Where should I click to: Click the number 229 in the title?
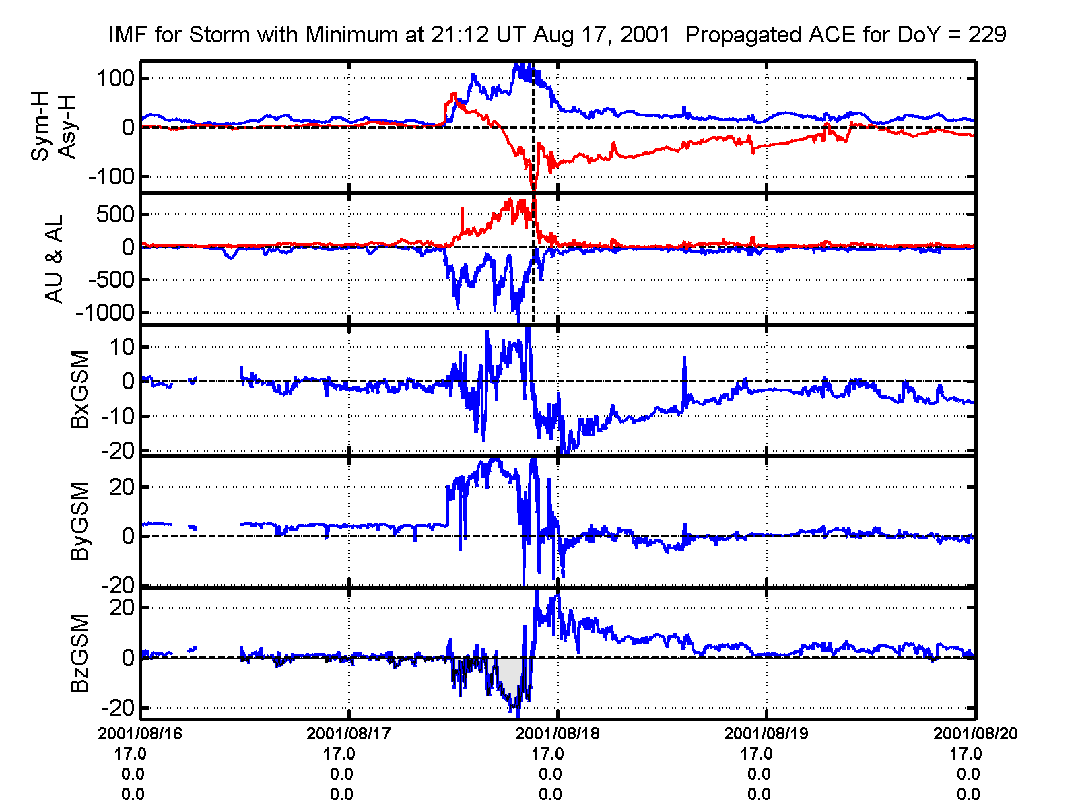pos(987,34)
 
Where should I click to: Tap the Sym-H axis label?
pos(41,127)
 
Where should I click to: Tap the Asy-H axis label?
pos(67,127)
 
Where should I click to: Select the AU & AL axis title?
pos(54,259)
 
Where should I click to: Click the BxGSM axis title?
pos(79,390)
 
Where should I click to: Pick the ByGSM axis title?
pos(79,522)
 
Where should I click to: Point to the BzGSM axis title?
pos(79,653)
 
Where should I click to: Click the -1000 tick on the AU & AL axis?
pos(105,312)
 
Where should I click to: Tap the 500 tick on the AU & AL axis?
pos(117,215)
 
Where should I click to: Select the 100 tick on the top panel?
pos(116,78)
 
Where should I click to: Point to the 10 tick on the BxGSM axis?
pos(123,347)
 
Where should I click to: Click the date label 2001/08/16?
pos(140,734)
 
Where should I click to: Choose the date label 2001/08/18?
pos(558,734)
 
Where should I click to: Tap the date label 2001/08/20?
pos(975,734)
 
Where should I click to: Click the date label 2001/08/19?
pos(766,734)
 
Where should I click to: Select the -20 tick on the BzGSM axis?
pos(117,708)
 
